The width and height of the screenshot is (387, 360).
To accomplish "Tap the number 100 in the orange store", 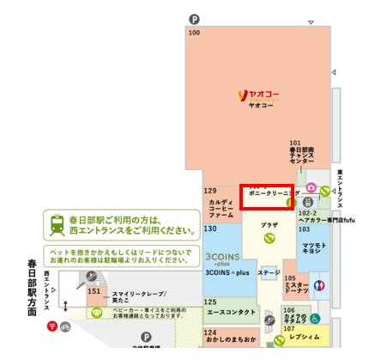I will click(x=194, y=33).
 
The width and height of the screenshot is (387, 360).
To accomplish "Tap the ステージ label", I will click(x=269, y=273).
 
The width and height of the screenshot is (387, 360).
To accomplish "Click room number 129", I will click(x=209, y=191).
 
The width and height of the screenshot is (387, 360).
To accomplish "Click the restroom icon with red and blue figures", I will click(x=322, y=286).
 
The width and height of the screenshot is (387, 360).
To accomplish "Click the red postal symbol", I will click(x=52, y=326).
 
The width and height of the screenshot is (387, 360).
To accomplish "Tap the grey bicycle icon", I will click(x=65, y=326).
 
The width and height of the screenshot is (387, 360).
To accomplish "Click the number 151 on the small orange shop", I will click(x=94, y=293).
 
